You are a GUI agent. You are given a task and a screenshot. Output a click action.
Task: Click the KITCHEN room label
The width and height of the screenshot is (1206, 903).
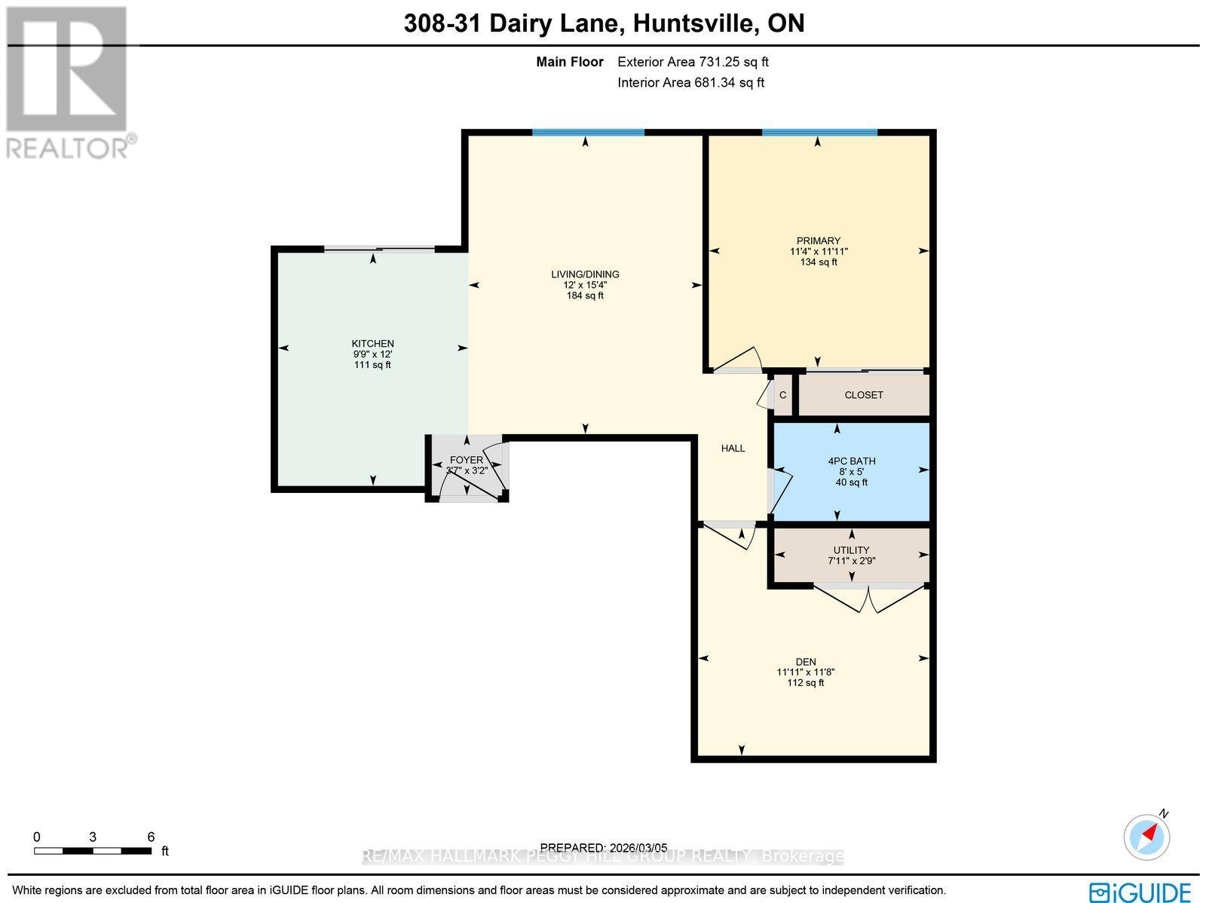point(372,344)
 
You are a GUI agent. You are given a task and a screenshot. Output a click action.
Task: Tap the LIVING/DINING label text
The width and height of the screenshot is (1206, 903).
point(585,274)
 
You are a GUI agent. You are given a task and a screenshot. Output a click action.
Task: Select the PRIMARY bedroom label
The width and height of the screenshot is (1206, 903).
point(818,241)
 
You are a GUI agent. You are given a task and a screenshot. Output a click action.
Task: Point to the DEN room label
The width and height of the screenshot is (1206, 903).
point(806,662)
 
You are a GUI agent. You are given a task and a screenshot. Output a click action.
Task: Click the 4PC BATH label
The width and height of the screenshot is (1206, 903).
point(851,461)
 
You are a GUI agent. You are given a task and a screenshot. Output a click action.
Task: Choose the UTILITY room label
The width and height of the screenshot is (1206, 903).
point(851,550)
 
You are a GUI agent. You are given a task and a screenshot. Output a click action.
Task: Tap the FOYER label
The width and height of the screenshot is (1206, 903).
point(466,460)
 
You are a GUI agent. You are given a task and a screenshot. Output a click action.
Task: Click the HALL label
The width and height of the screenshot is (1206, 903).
point(733,448)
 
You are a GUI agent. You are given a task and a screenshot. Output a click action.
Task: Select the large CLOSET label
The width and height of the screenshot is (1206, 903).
point(863,395)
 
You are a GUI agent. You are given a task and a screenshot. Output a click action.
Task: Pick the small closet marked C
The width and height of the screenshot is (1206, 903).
point(782,395)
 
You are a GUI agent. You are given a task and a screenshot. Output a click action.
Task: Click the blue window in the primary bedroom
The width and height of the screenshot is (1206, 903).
point(819,133)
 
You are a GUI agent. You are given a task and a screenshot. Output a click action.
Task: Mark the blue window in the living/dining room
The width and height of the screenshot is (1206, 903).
point(588,133)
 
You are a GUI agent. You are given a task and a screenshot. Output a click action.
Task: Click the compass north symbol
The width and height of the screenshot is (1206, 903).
point(1147,836)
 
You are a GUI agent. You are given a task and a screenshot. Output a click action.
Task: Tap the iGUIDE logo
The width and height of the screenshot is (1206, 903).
point(1140,892)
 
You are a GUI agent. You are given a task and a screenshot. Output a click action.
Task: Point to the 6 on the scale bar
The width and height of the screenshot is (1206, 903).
point(151,837)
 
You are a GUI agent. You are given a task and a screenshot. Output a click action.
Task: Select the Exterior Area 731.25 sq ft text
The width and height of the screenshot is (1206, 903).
point(693,63)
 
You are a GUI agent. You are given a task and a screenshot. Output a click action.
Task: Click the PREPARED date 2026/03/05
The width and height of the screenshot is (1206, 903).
point(604,848)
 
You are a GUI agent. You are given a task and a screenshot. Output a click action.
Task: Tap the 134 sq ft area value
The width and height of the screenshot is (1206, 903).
point(819,262)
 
